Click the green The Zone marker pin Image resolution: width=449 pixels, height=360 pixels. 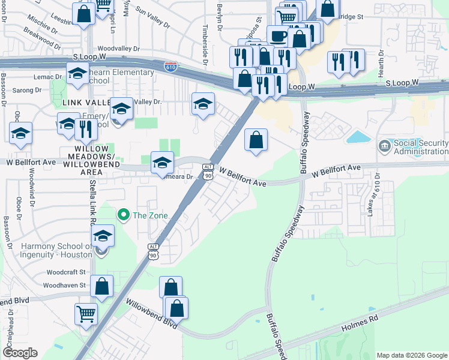[124, 214]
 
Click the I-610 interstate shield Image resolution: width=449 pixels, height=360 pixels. [171, 66]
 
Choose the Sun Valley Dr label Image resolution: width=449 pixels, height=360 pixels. [152, 17]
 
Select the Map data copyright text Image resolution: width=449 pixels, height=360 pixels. [411, 355]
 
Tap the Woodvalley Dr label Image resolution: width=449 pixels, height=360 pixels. [118, 49]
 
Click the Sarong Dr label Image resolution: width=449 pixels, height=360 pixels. [29, 90]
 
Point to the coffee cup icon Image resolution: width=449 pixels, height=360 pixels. [277, 35]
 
